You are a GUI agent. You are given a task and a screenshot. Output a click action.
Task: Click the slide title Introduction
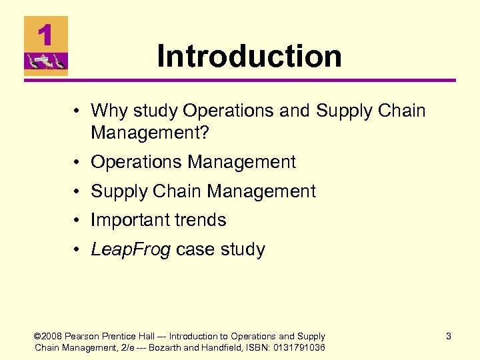249,56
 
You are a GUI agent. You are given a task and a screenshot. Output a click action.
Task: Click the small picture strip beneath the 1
46,63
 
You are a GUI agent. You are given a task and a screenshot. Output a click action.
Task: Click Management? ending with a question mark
150,133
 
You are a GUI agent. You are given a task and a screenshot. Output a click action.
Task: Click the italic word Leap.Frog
131,250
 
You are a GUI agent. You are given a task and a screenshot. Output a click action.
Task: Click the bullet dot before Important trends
78,221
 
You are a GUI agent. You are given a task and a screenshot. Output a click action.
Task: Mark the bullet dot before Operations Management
78,163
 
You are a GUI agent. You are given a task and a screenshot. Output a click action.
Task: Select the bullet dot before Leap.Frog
78,250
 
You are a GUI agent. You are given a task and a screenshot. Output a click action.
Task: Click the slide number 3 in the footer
448,337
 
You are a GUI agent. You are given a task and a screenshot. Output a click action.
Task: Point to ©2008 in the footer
48,337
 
